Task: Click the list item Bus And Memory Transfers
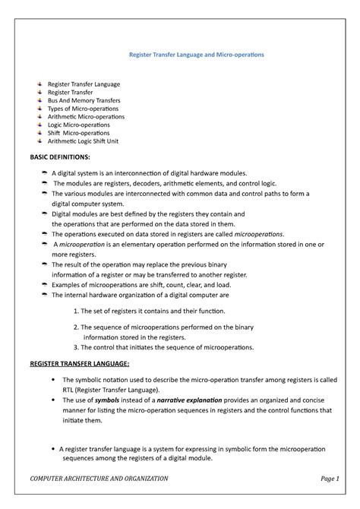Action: point(84,100)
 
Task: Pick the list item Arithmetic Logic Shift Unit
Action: point(93,141)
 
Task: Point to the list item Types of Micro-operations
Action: point(83,108)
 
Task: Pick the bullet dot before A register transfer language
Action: point(51,448)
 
